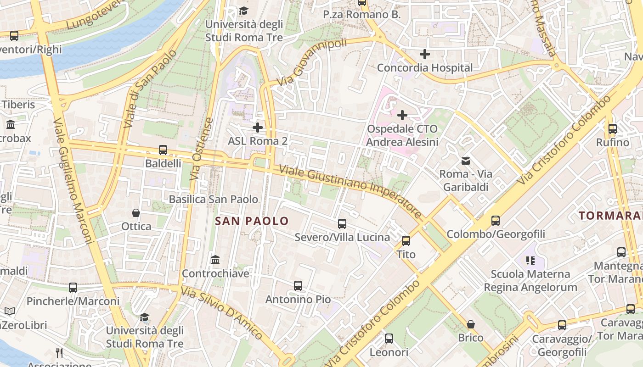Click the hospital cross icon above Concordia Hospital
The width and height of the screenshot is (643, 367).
(425, 54)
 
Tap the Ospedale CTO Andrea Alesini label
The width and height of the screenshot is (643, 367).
(402, 135)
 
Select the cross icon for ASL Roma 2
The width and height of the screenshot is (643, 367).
(258, 127)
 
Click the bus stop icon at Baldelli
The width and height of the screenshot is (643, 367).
(163, 150)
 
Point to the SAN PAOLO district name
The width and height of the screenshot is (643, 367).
(252, 221)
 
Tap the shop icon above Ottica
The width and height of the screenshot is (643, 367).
(136, 213)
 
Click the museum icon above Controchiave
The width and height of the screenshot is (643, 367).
(215, 260)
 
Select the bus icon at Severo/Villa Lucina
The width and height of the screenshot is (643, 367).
(342, 224)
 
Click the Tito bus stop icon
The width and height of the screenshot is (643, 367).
(406, 241)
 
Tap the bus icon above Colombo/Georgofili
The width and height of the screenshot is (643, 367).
(496, 221)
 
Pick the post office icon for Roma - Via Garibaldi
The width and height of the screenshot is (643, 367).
(466, 161)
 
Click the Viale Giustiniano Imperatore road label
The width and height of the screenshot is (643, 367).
(350, 191)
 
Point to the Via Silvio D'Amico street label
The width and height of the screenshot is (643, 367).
(222, 313)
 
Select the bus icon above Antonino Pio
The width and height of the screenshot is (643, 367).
(298, 286)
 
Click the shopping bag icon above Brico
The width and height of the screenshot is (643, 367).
(471, 324)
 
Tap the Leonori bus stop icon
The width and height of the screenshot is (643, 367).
(389, 339)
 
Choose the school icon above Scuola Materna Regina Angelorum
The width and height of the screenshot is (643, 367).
(530, 261)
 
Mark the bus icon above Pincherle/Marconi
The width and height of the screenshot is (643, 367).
(73, 288)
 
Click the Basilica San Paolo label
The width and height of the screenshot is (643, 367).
(214, 199)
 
